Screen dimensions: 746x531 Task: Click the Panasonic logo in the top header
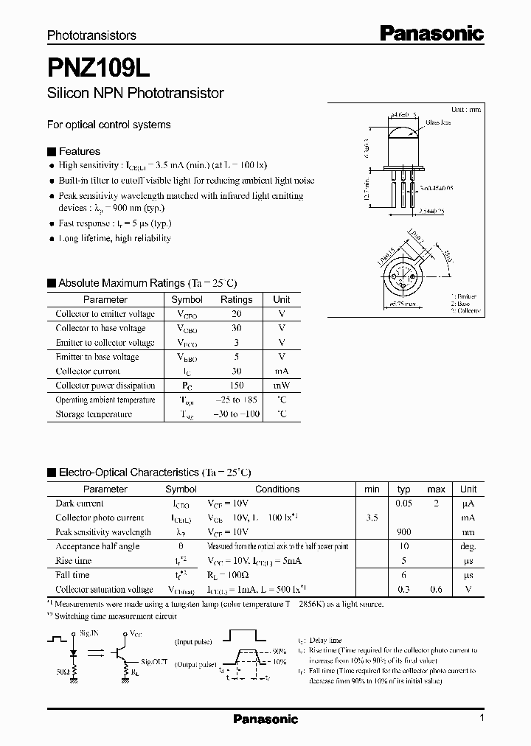(x=431, y=32)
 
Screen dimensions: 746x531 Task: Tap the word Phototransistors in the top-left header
(x=91, y=35)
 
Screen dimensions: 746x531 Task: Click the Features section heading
(x=79, y=151)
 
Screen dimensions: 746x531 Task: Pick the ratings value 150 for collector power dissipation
(x=236, y=386)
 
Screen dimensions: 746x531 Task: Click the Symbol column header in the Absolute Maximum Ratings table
(x=187, y=300)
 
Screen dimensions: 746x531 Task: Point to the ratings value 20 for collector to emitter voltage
(x=236, y=314)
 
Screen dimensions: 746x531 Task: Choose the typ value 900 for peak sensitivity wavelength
(x=403, y=532)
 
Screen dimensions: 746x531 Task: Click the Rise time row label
(x=74, y=561)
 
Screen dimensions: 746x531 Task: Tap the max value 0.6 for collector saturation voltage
(x=436, y=590)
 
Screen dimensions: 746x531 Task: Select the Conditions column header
(x=277, y=489)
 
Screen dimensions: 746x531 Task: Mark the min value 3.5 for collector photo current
(x=372, y=518)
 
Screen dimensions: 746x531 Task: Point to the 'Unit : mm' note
(x=465, y=109)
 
